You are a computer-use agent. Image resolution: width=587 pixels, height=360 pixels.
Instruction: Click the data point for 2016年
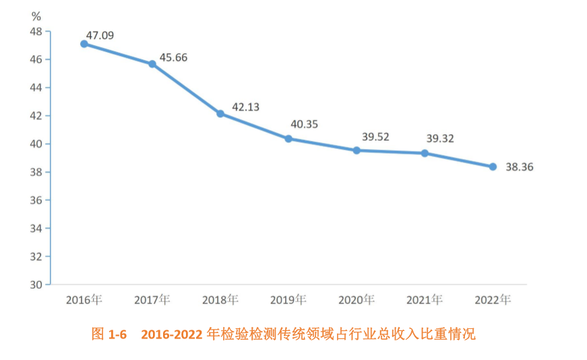click(84, 44)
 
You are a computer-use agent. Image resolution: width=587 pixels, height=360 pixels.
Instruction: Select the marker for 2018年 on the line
click(220, 114)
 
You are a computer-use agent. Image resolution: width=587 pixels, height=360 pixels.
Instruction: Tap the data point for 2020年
click(357, 150)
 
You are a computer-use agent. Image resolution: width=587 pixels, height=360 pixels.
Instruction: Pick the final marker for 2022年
click(493, 167)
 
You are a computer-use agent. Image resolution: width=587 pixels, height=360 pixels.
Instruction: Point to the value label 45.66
click(173, 58)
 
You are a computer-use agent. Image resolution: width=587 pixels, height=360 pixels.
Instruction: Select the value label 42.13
click(245, 107)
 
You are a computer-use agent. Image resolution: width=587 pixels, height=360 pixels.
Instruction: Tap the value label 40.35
click(304, 124)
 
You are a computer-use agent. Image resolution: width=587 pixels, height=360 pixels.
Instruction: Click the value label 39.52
click(375, 137)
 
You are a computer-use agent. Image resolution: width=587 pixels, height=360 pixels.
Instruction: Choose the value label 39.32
click(440, 138)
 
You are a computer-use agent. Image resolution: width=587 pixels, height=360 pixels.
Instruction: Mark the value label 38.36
click(520, 167)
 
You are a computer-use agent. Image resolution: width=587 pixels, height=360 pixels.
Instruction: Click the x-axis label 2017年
click(152, 299)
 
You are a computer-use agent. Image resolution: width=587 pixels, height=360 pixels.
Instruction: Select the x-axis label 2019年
click(288, 299)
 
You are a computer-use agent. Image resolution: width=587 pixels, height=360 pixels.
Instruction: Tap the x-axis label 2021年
click(425, 299)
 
